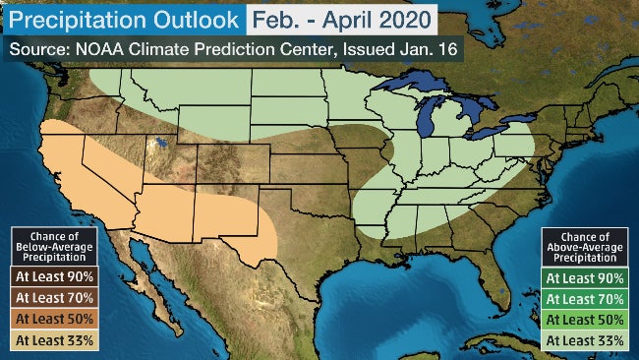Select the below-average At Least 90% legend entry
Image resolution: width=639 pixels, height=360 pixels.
(x=55, y=277)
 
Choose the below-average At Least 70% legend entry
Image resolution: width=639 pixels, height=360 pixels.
(x=55, y=298)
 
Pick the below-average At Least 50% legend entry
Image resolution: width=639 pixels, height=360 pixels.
(x=55, y=320)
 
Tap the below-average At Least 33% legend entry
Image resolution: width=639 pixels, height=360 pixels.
(x=55, y=340)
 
